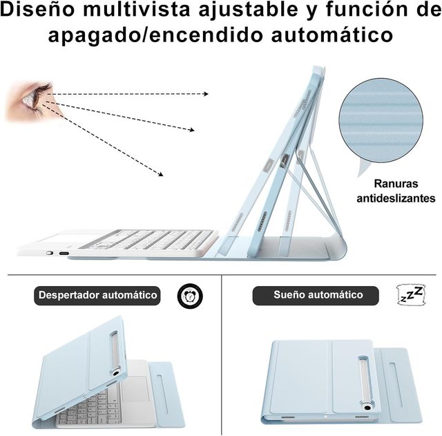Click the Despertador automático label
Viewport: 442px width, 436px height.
(x=97, y=295)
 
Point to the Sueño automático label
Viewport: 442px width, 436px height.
(x=317, y=295)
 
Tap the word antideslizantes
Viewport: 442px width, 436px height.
(x=396, y=198)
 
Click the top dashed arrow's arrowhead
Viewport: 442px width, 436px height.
(x=205, y=93)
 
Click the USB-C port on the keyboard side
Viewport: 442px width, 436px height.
(x=64, y=254)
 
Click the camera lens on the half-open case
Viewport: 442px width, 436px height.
(x=115, y=371)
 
